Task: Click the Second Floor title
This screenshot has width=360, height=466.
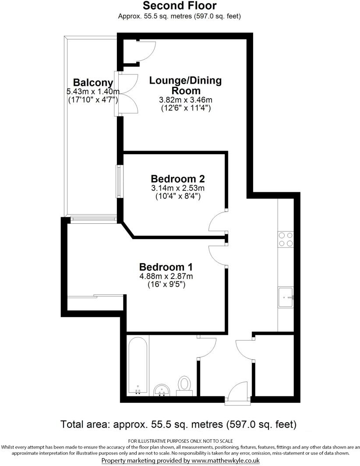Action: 180,6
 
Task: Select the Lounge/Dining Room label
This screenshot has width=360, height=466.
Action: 185,85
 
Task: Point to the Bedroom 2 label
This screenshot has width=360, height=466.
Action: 178,179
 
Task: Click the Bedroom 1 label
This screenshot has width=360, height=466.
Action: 166,267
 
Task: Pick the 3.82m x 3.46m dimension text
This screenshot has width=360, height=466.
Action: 185,100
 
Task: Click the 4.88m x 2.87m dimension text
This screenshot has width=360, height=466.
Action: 166,276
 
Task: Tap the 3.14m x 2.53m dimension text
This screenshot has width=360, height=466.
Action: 178,188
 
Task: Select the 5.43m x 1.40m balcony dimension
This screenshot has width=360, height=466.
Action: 92,92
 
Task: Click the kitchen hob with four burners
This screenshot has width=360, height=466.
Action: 286,239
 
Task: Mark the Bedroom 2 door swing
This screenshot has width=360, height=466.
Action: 218,222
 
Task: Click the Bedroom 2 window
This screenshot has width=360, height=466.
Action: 118,181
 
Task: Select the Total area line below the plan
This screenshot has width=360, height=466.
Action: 179,424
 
